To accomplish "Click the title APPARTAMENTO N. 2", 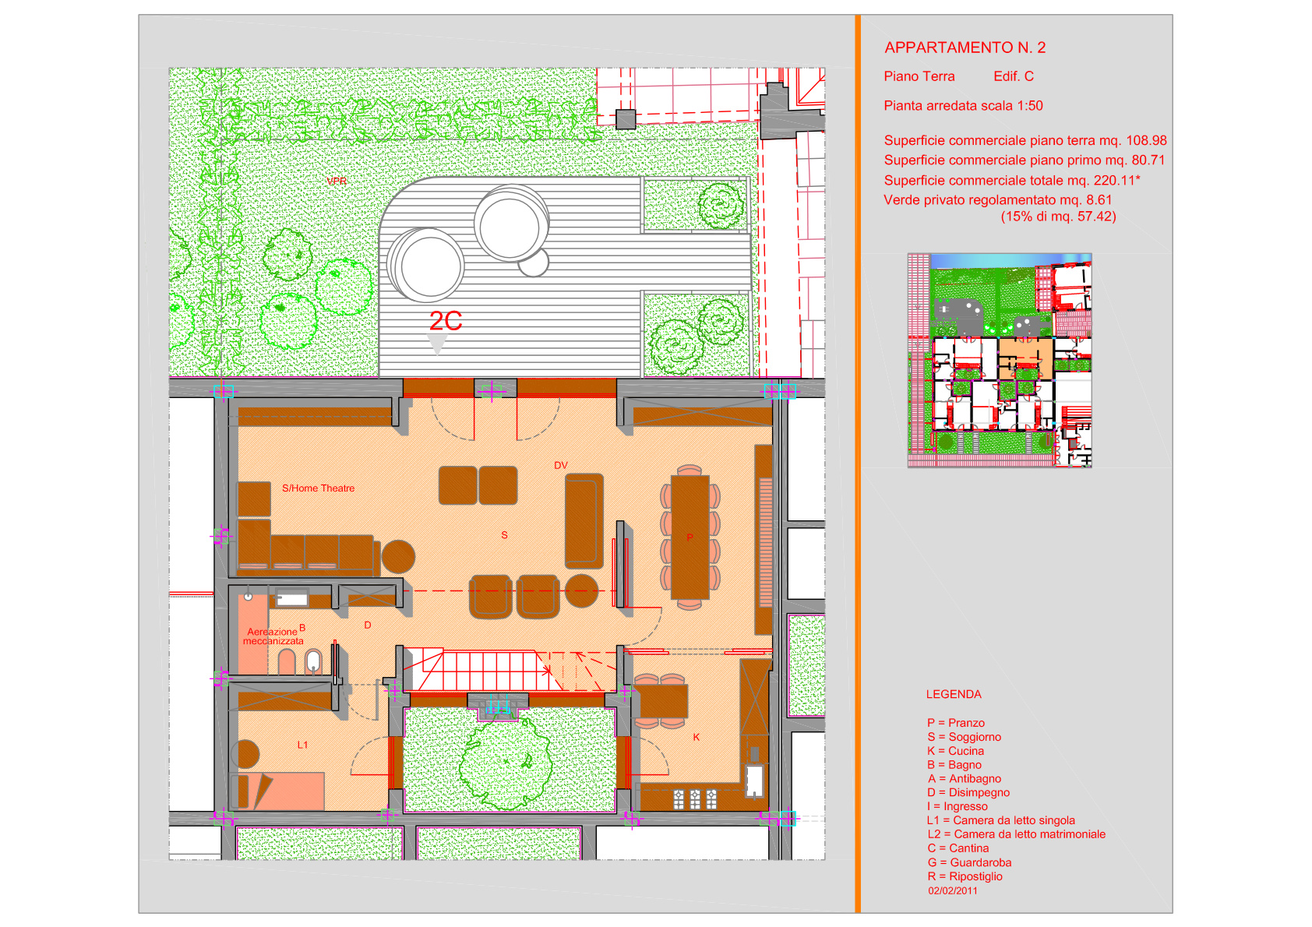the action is (965, 48).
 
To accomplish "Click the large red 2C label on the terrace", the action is (446, 321).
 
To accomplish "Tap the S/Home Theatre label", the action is (318, 488).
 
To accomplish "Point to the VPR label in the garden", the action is (337, 181).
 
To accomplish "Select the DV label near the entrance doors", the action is (560, 466).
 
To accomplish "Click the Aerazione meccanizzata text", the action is (273, 636).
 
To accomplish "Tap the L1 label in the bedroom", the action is (302, 745).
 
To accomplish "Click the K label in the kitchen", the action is (697, 737).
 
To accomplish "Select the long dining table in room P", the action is (690, 538).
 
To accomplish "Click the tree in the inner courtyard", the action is (506, 762).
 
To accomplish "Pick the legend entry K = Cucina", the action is (955, 751).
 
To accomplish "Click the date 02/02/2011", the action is (952, 890).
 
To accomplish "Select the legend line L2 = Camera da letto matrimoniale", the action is (1016, 834).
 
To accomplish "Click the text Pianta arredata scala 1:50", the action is (963, 106).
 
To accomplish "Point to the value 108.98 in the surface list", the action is (1146, 140).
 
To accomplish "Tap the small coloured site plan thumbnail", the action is (1000, 360).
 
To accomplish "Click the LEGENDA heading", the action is (954, 695).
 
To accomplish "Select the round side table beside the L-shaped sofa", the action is (398, 556).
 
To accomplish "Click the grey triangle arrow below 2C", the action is (437, 344).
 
